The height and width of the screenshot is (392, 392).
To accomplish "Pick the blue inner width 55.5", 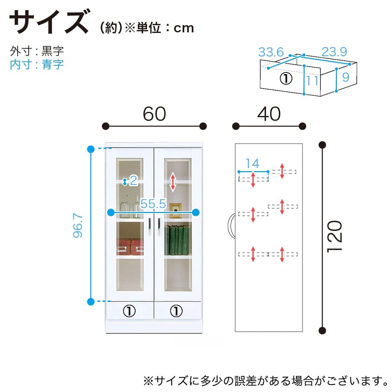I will pyautogui.click(x=154, y=204).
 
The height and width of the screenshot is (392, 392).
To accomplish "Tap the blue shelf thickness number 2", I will pyautogui.click(x=133, y=181).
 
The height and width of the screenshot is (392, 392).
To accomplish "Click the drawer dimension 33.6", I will pyautogui.click(x=271, y=52).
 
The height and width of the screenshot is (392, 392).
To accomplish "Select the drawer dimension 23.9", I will pyautogui.click(x=334, y=52).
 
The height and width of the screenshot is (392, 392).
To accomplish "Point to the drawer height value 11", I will pyautogui.click(x=312, y=81).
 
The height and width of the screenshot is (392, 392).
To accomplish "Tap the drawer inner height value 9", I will pyautogui.click(x=345, y=77).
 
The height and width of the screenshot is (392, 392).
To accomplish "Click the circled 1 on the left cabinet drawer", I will pyautogui.click(x=129, y=311).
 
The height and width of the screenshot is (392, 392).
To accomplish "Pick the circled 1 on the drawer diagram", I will pyautogui.click(x=286, y=79).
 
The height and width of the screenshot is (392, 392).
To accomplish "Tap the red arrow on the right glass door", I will pyautogui.click(x=172, y=182).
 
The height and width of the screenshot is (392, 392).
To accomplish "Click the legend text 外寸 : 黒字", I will pyautogui.click(x=37, y=51).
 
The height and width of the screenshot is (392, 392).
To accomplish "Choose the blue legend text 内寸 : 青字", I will pyautogui.click(x=37, y=64).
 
